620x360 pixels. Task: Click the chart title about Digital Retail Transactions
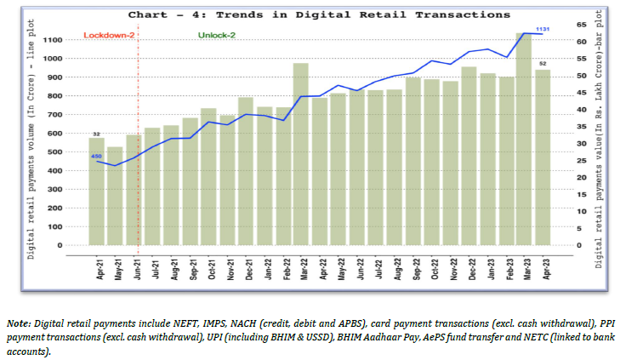click(x=319, y=14)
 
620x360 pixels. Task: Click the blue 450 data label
click(x=97, y=156)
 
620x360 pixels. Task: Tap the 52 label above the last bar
click(x=543, y=64)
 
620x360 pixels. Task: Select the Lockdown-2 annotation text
click(x=108, y=35)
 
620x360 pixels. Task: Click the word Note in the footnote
click(x=20, y=322)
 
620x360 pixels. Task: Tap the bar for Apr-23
click(x=543, y=157)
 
